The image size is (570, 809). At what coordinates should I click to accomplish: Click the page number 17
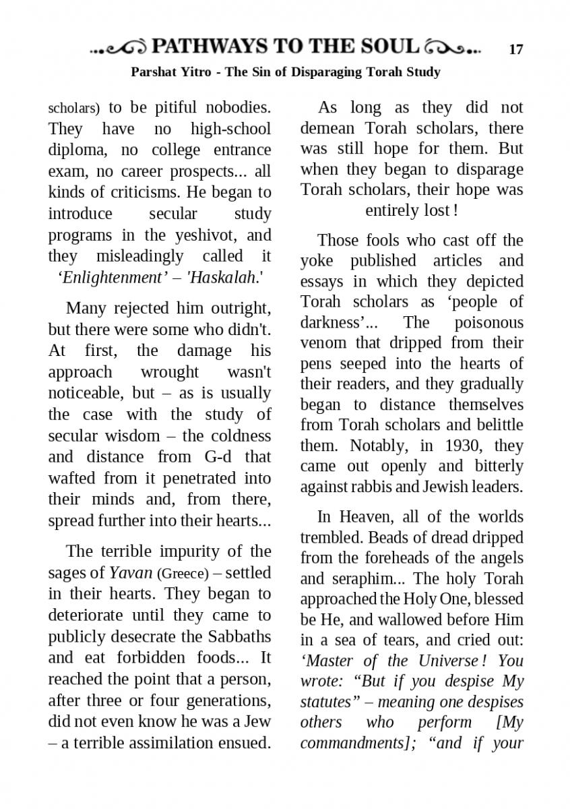click(x=516, y=49)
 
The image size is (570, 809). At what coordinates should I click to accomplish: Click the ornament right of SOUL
click(x=452, y=48)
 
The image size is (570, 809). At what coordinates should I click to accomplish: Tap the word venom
click(x=324, y=342)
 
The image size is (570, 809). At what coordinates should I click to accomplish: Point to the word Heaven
click(x=368, y=516)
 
